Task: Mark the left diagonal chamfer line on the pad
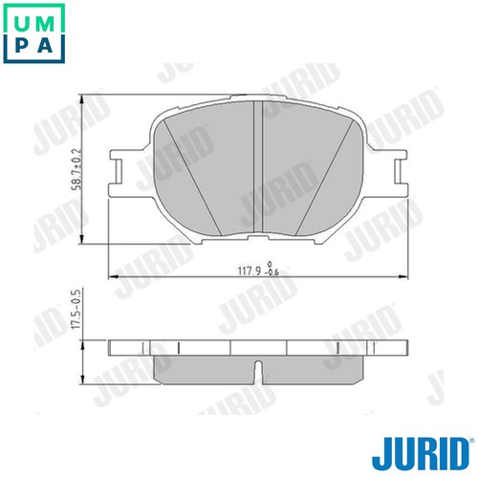tap(191, 177)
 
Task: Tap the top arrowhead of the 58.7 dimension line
tap(93, 96)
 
